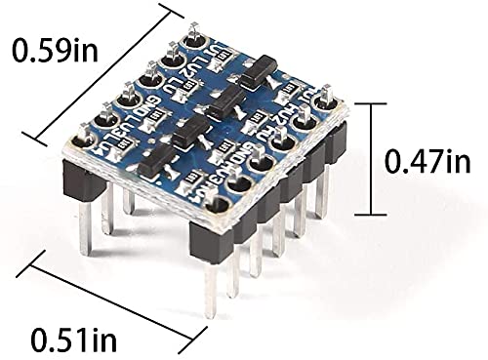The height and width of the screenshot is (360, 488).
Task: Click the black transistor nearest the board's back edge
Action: [256, 70]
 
